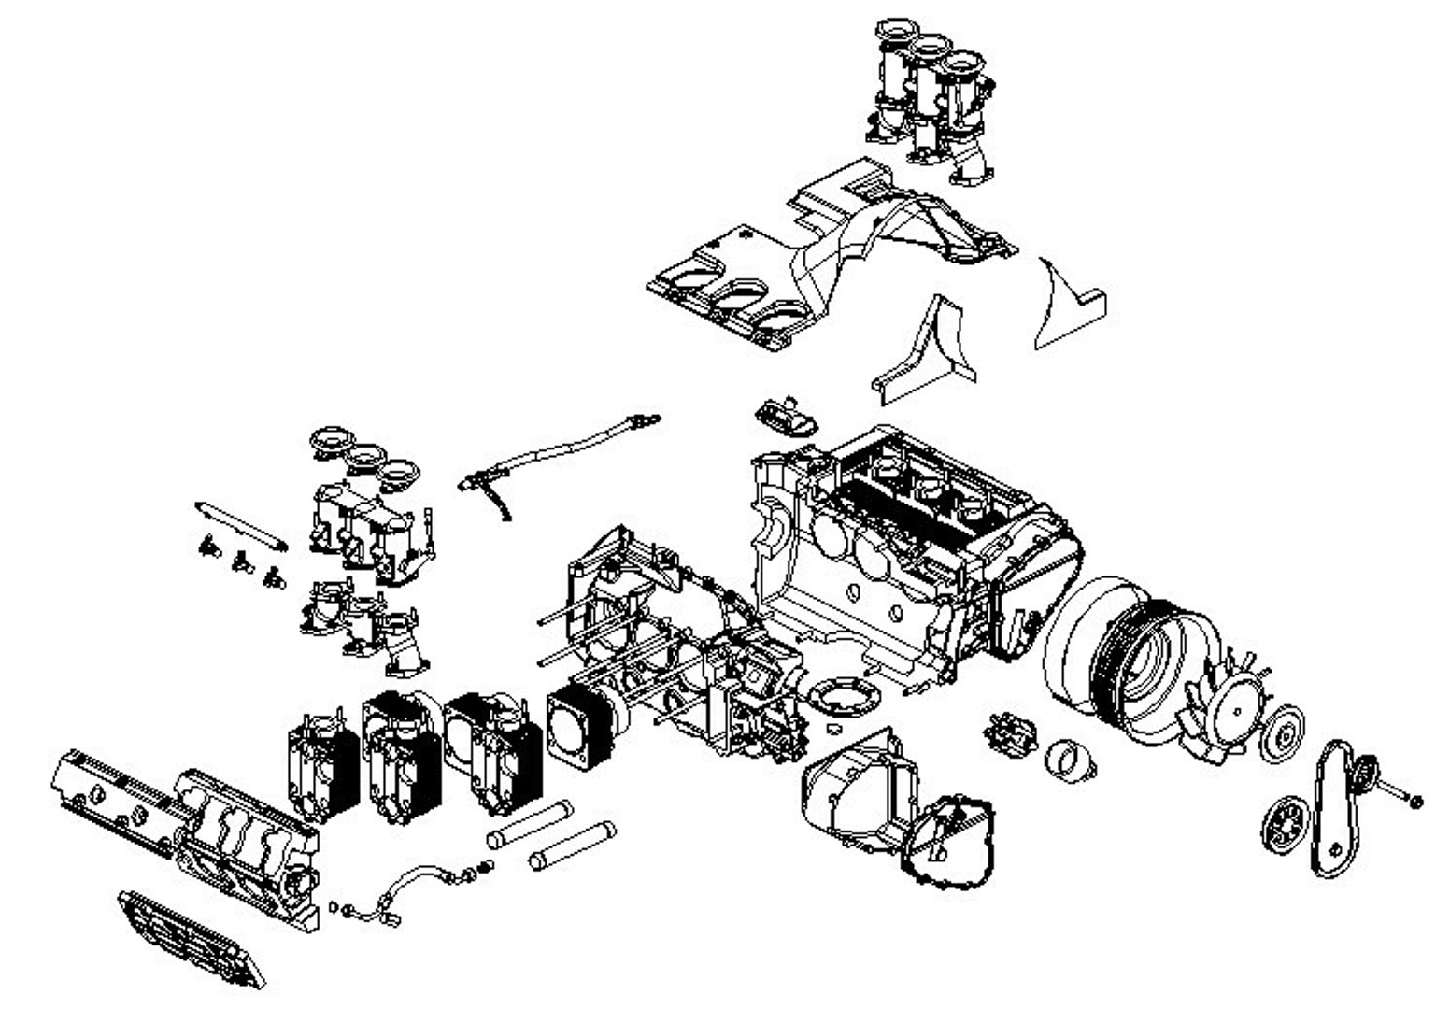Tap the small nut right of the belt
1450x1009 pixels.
[1415, 801]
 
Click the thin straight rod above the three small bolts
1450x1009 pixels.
[240, 526]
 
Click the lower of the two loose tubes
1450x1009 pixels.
[572, 846]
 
